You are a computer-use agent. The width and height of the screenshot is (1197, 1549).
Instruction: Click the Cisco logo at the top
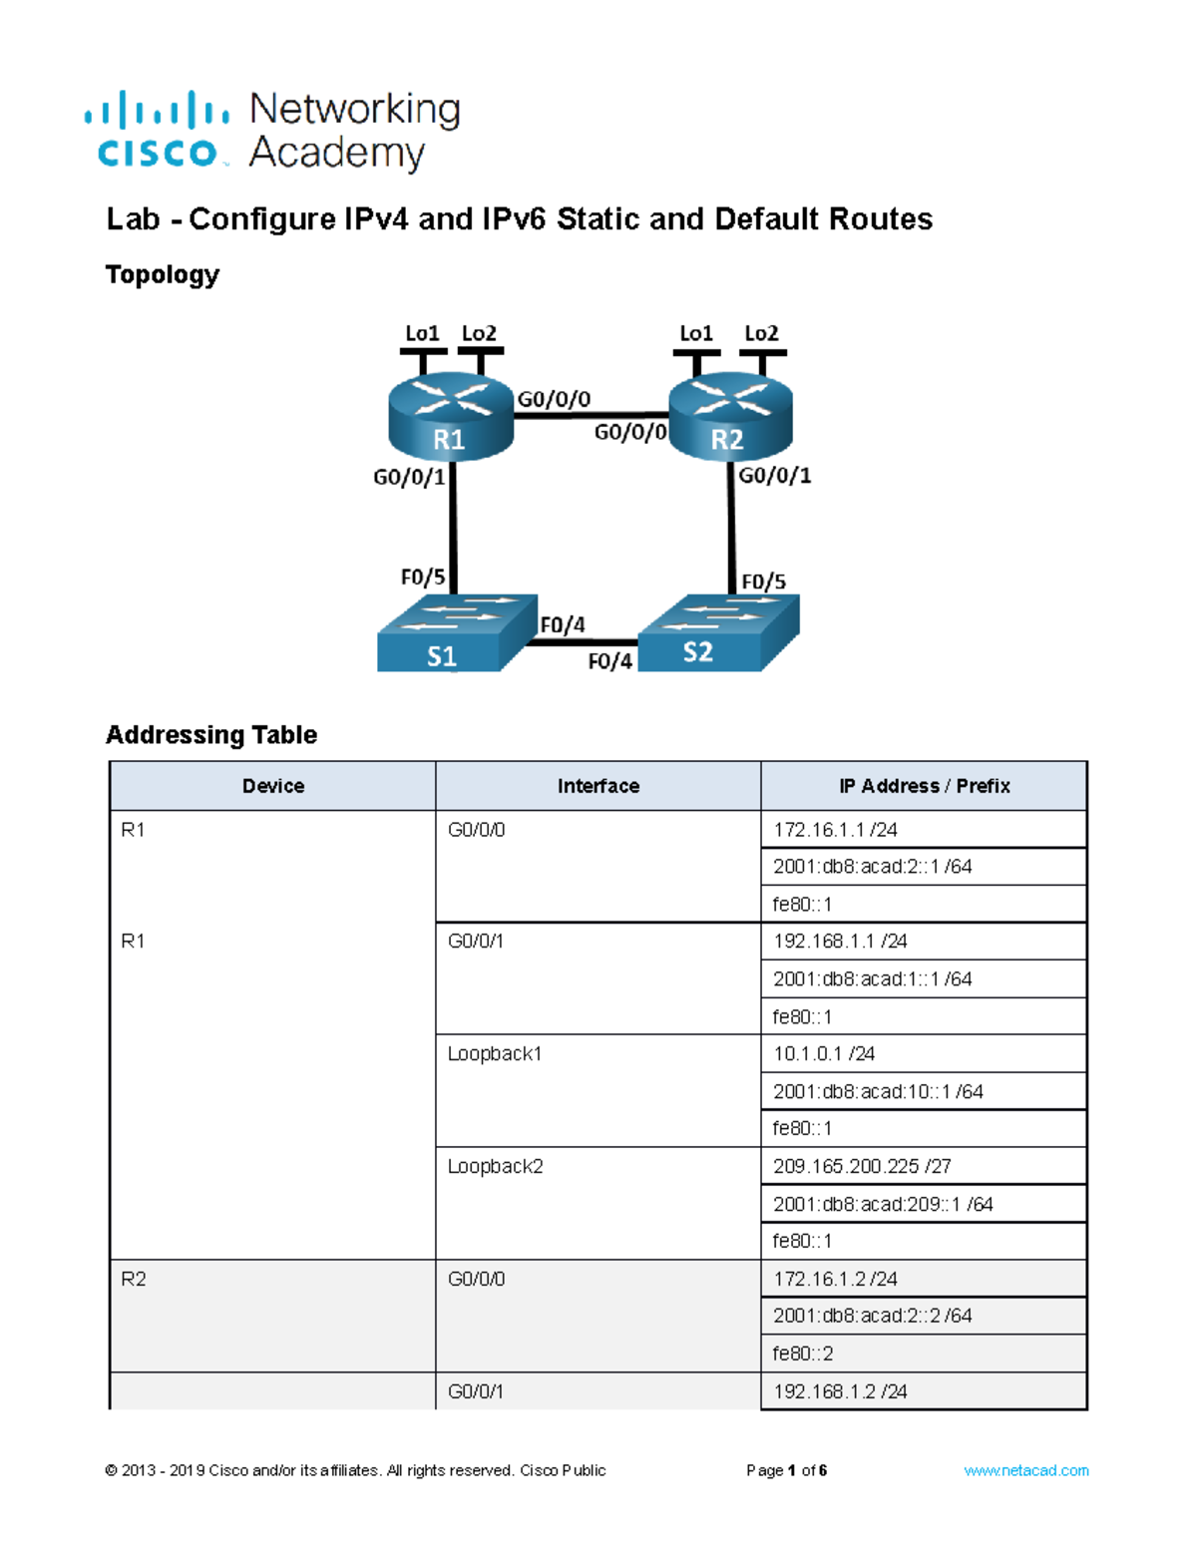[157, 130]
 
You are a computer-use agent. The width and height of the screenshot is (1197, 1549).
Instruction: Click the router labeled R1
[451, 417]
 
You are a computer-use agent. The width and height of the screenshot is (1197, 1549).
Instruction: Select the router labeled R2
[731, 417]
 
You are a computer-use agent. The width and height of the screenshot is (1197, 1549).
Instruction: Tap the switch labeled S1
[457, 632]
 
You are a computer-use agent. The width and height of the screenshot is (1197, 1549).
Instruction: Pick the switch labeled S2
[718, 632]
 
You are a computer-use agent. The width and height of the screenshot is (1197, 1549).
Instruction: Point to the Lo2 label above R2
[761, 333]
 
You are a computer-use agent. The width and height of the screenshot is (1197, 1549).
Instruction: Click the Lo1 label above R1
[422, 333]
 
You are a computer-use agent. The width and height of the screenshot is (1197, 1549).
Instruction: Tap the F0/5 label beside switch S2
[763, 581]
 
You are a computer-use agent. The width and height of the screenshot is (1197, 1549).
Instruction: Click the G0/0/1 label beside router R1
[409, 477]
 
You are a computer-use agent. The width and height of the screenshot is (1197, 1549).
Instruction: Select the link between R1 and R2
[591, 415]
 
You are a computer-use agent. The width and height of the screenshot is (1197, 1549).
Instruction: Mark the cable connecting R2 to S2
[731, 528]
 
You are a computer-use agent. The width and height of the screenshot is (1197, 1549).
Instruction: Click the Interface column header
[598, 786]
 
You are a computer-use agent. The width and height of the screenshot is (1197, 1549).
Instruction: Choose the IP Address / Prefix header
[924, 786]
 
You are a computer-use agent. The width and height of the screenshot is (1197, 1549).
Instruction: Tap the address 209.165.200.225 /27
[862, 1166]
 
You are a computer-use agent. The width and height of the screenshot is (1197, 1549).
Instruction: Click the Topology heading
[163, 275]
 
